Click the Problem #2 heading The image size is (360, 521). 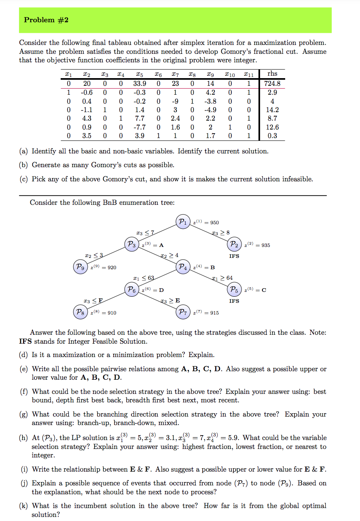click(x=46, y=20)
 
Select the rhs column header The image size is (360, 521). click(x=272, y=74)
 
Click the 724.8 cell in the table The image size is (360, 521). click(x=272, y=84)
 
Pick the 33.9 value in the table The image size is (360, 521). click(x=140, y=84)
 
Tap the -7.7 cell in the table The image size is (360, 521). click(x=140, y=127)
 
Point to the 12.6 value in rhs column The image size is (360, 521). click(x=272, y=127)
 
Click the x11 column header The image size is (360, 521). click(x=250, y=74)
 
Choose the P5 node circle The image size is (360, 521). click(x=234, y=289)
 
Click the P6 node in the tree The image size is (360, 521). click(x=131, y=289)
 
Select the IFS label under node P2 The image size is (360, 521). click(x=234, y=256)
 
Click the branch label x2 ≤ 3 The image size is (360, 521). click(x=94, y=255)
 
